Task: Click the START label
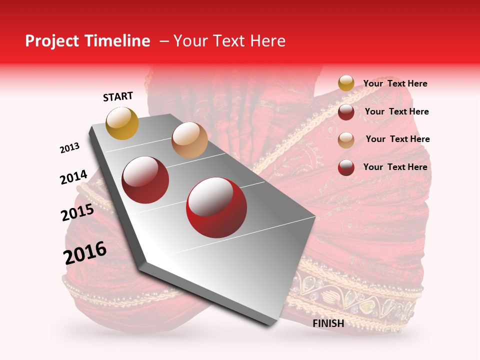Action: [118, 96]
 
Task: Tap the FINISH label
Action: [328, 323]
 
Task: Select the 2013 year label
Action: [69, 148]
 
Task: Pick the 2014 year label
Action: [73, 177]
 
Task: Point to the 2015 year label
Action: [77, 213]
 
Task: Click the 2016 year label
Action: [85, 252]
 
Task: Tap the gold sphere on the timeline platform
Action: [122, 123]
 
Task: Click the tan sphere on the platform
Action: [189, 140]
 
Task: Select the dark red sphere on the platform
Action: [145, 179]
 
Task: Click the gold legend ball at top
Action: [346, 83]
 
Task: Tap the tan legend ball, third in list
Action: [346, 139]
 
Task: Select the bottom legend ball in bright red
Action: [346, 167]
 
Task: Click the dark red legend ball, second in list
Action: [346, 111]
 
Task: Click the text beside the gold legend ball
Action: [395, 83]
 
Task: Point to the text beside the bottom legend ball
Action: [395, 167]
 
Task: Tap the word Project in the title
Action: [52, 41]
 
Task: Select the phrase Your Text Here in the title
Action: [229, 41]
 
